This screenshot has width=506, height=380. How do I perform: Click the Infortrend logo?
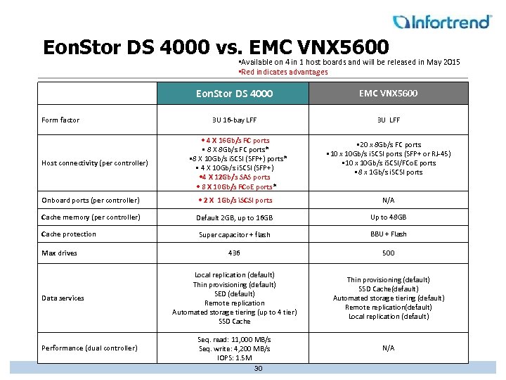[442, 22]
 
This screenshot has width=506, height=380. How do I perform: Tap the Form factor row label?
[60, 120]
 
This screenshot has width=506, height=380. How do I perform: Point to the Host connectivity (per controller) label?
[94, 163]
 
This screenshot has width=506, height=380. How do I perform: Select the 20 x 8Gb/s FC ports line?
[388, 145]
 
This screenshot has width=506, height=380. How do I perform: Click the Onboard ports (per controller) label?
[90, 200]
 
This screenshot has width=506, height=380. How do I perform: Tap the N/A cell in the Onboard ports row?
[388, 200]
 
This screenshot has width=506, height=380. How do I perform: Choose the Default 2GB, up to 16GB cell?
[234, 217]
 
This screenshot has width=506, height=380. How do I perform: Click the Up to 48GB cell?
[388, 217]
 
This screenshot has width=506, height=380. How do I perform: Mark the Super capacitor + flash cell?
[234, 235]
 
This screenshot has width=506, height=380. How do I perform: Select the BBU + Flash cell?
[388, 234]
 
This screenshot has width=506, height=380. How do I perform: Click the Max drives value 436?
[234, 253]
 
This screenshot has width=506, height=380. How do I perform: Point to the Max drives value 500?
[388, 253]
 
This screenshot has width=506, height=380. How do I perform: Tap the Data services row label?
[63, 298]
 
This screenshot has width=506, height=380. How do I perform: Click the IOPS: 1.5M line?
[234, 358]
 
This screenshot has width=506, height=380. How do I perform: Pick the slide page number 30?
[258, 369]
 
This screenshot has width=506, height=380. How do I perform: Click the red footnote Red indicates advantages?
[284, 72]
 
